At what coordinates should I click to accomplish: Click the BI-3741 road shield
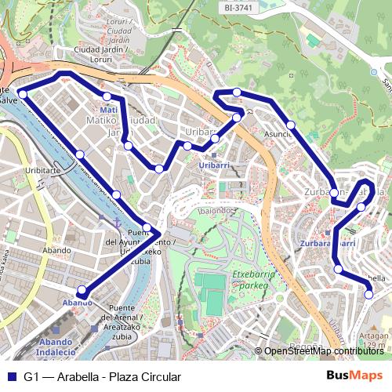239,7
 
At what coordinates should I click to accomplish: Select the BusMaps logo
354,376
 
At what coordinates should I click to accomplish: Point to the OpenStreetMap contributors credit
325,351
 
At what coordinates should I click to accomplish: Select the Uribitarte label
42,170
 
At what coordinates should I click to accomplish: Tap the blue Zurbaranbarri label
328,244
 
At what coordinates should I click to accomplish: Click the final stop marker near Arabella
369,295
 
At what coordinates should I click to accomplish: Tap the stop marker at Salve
22,94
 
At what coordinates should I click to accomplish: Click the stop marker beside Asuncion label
290,125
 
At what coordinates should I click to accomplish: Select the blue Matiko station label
108,110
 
